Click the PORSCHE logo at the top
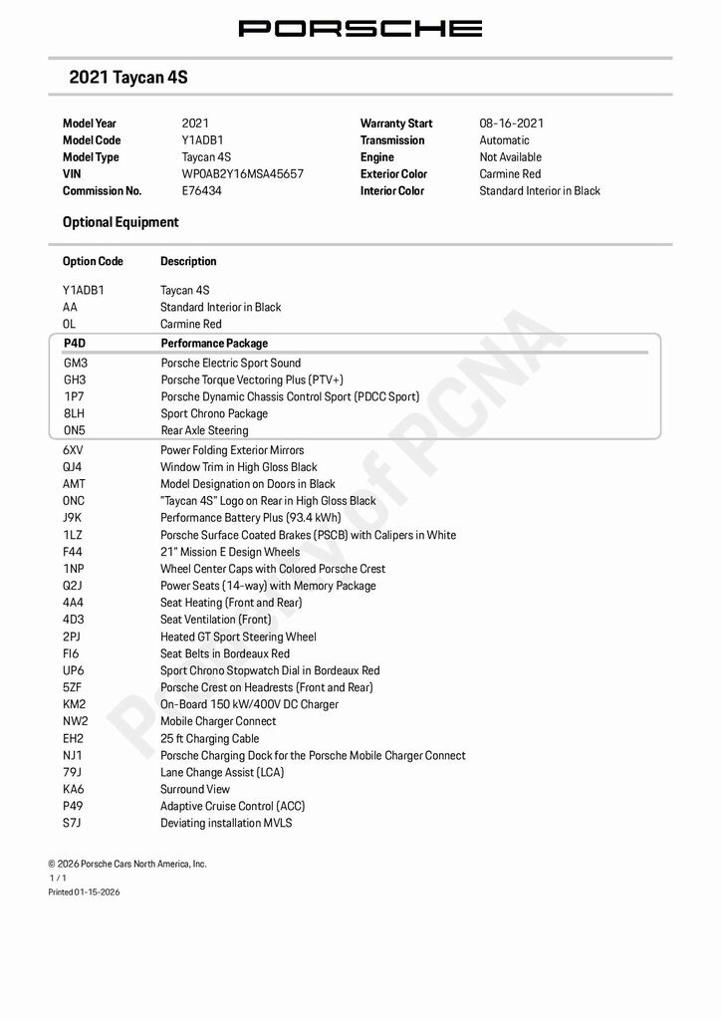[x=360, y=28]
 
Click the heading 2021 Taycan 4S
[x=128, y=77]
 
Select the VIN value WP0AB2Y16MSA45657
[x=242, y=174]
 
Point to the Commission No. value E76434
[x=202, y=191]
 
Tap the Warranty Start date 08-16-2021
[x=512, y=124]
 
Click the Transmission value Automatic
[x=504, y=140]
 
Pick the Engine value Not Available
[x=510, y=157]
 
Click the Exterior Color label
[x=393, y=174]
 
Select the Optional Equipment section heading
[x=120, y=222]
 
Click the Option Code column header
[x=93, y=262]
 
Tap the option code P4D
[x=75, y=344]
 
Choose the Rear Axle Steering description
[x=205, y=430]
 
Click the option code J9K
[x=72, y=518]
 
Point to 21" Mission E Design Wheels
[x=230, y=552]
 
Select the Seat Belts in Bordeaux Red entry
[x=225, y=653]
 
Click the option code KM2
[x=75, y=704]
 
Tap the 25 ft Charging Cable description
[x=209, y=739]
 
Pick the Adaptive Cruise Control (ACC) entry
[x=233, y=806]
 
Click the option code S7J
[x=72, y=823]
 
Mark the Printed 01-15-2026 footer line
[x=84, y=892]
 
